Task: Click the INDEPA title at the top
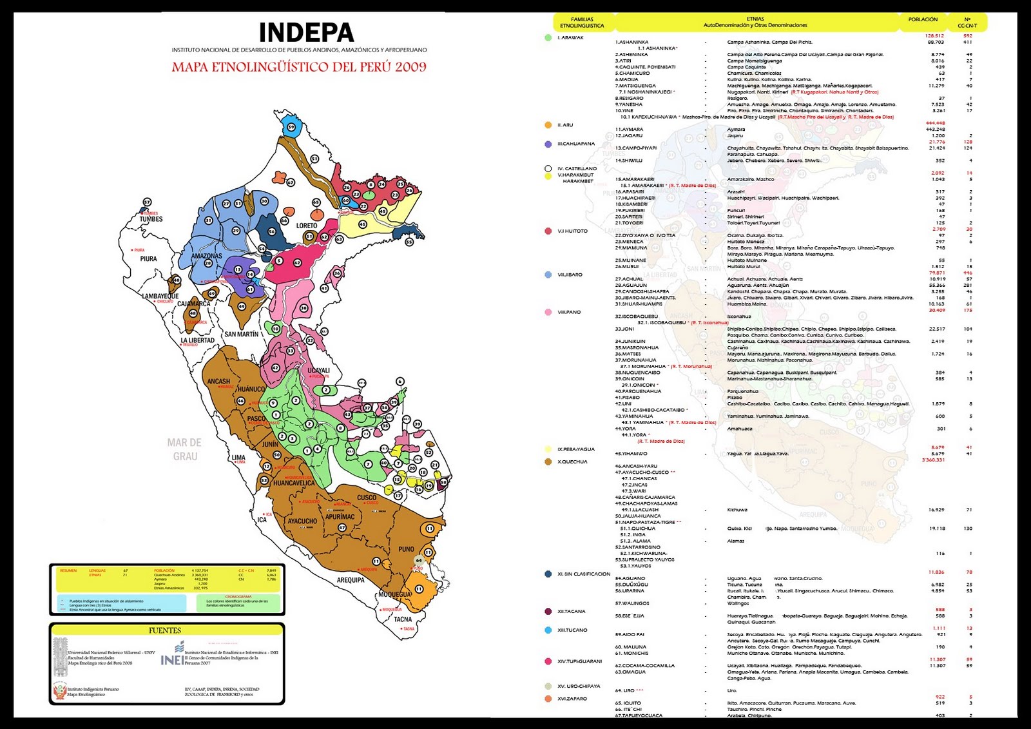pos(306,33)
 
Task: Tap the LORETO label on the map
pos(307,226)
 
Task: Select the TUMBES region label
pos(151,219)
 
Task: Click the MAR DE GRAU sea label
pos(184,449)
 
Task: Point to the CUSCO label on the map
pos(367,498)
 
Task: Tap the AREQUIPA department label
pos(351,579)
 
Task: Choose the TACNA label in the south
pos(403,619)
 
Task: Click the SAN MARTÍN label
pos(241,334)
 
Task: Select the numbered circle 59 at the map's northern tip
pos(291,127)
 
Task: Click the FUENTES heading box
pos(166,630)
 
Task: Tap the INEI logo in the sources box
pos(172,654)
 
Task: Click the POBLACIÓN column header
pos(923,19)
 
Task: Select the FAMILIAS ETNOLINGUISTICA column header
pos(582,23)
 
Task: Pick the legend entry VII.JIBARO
pos(570,275)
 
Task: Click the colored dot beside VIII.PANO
pos(548,312)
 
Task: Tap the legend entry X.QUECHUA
pos(572,462)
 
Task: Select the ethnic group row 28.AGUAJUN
pos(631,285)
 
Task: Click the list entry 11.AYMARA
pos(629,130)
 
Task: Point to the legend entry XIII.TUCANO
pos(572,630)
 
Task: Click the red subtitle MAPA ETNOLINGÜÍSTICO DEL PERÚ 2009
pos(299,66)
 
